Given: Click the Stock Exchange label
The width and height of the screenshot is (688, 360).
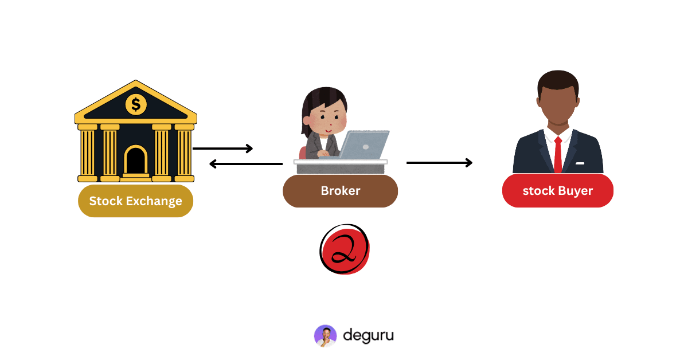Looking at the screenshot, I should (x=135, y=201).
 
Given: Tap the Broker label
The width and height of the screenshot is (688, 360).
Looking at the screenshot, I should (x=340, y=191).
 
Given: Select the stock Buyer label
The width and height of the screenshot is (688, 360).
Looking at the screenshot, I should (x=557, y=191).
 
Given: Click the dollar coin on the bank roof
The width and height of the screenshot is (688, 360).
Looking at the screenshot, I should (x=136, y=104).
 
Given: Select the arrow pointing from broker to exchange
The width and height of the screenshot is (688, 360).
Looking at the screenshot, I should (x=246, y=164).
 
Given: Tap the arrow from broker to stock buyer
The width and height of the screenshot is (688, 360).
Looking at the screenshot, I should (x=439, y=163).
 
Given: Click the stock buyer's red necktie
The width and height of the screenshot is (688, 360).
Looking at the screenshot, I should (x=558, y=155).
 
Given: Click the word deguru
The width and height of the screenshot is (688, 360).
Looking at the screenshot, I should (x=368, y=335).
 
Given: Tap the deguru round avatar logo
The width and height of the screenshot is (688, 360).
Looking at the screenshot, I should (x=325, y=336).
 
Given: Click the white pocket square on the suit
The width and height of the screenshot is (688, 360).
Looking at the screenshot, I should (x=580, y=163).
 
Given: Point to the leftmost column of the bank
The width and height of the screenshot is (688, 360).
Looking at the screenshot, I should (x=87, y=152).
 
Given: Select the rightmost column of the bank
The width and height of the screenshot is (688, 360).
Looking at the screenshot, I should (x=184, y=152).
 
